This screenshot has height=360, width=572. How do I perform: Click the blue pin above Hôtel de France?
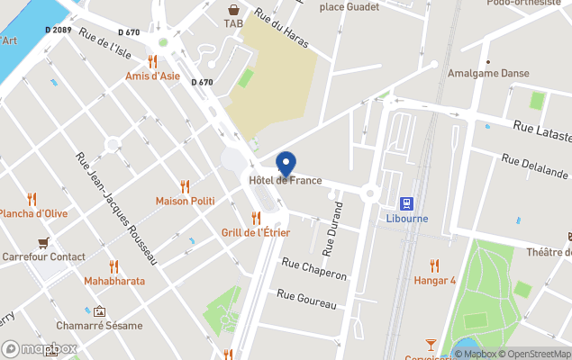(286, 164)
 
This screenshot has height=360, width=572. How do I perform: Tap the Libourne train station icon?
(406, 202)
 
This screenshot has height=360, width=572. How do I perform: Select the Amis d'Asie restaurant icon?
(152, 61)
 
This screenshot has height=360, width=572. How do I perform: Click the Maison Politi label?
(185, 201)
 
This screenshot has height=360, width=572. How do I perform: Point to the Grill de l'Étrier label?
(255, 232)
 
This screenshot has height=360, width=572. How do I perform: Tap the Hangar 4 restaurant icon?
(434, 265)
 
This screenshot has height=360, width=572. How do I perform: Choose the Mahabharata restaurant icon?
(113, 266)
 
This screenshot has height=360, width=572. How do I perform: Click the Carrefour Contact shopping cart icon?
(43, 242)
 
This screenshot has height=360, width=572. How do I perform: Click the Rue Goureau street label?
(306, 299)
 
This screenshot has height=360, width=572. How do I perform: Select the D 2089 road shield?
(58, 30)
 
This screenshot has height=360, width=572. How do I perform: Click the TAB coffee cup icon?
(233, 9)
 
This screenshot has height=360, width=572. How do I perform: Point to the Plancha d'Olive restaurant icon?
(32, 199)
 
